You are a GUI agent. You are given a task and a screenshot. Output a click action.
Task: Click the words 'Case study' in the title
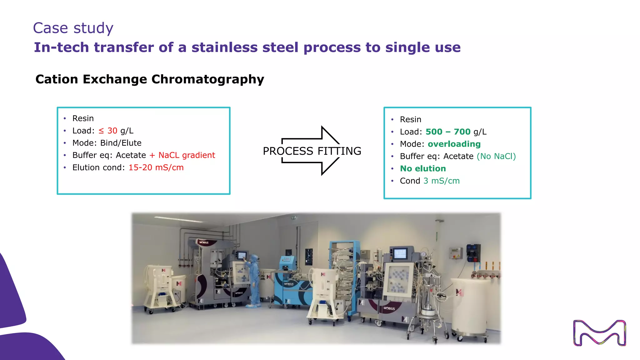click(73, 28)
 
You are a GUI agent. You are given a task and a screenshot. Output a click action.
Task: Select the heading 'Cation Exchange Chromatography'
click(150, 79)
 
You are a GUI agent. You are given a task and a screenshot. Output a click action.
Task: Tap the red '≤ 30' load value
click(108, 131)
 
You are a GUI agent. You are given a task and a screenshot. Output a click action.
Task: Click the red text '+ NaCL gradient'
click(182, 155)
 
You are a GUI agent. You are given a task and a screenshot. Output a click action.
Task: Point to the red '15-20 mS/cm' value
click(156, 168)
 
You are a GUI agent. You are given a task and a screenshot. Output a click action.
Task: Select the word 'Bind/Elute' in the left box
click(121, 143)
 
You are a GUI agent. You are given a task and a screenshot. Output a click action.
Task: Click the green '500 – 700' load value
click(448, 132)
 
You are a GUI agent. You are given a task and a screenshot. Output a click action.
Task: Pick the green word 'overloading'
click(454, 144)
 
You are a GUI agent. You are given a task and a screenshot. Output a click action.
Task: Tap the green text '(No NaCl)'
click(496, 156)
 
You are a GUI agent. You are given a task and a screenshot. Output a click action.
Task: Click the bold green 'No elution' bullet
click(423, 169)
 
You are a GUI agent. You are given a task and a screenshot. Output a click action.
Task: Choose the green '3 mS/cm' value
click(441, 181)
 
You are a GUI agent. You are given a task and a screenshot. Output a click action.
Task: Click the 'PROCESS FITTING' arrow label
click(312, 151)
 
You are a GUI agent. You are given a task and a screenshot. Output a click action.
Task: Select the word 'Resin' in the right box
click(410, 120)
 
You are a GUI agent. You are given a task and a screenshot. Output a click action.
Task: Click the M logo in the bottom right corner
click(599, 333)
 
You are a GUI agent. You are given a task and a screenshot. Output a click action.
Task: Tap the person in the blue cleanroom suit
click(254, 280)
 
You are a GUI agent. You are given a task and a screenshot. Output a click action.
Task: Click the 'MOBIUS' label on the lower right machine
click(389, 308)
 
